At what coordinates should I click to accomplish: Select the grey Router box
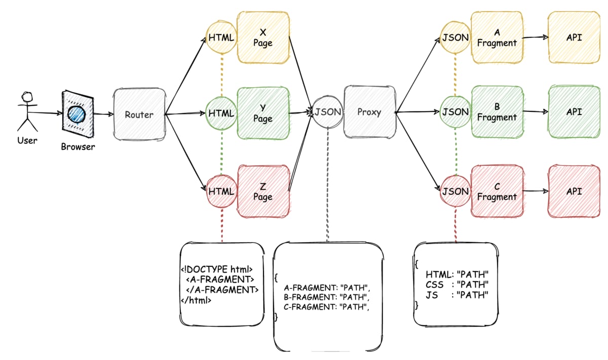point(139,114)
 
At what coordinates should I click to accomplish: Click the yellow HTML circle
point(221,37)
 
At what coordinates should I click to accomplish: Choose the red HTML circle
point(221,191)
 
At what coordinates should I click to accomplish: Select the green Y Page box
point(263,113)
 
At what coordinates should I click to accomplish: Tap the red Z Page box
point(263,191)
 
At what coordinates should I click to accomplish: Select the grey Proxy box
point(369,112)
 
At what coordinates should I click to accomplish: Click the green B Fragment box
point(497,112)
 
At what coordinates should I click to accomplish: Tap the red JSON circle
point(455,191)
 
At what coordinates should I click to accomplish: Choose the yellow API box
point(574,37)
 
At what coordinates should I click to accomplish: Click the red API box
point(574,191)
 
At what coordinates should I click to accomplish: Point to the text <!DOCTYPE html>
point(217,269)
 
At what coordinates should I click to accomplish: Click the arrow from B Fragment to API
point(535,112)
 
